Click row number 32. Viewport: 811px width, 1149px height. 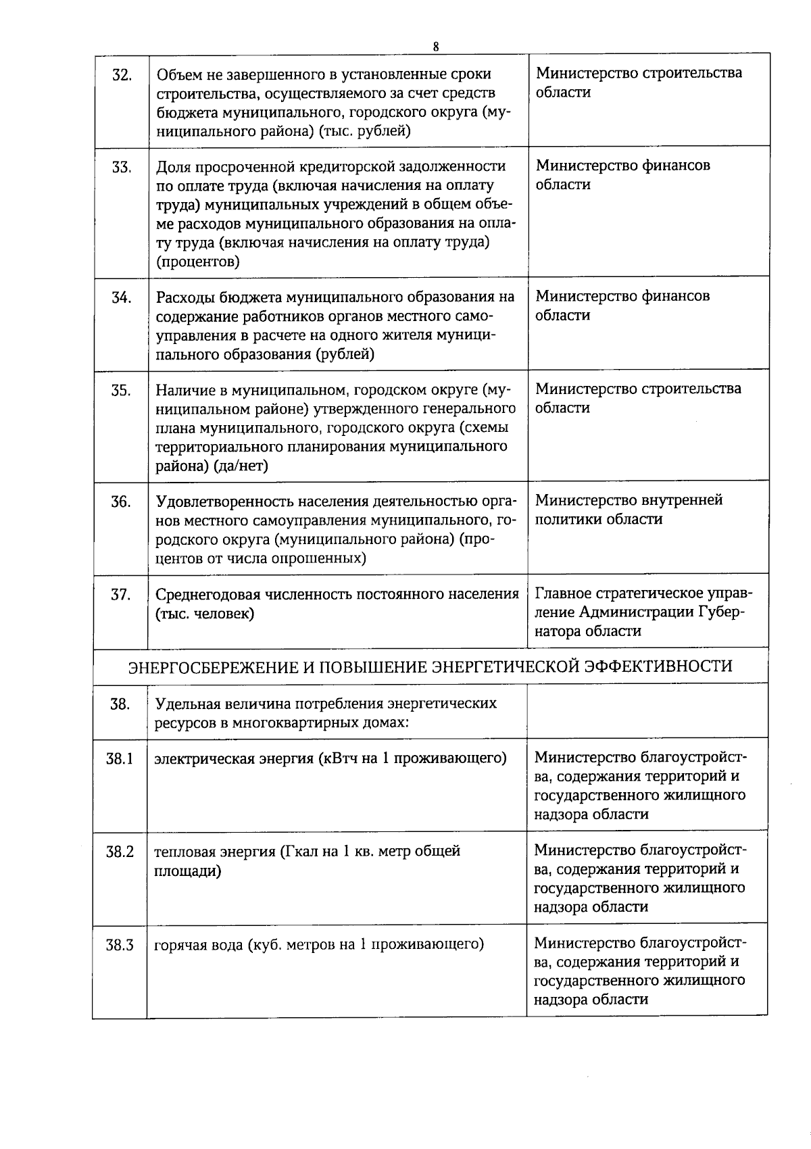(x=121, y=74)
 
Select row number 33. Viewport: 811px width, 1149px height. (x=121, y=167)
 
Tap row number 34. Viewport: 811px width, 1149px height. (x=121, y=297)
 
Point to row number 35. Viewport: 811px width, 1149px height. (x=121, y=391)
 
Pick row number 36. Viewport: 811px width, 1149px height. (x=121, y=502)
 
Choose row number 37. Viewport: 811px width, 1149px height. (x=121, y=595)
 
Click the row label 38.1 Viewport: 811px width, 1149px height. (x=120, y=758)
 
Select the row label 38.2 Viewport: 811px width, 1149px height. (x=120, y=852)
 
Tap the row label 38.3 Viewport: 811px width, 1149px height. (x=120, y=944)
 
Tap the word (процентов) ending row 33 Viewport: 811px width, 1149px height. (x=197, y=261)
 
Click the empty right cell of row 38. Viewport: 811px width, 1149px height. (x=647, y=711)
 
